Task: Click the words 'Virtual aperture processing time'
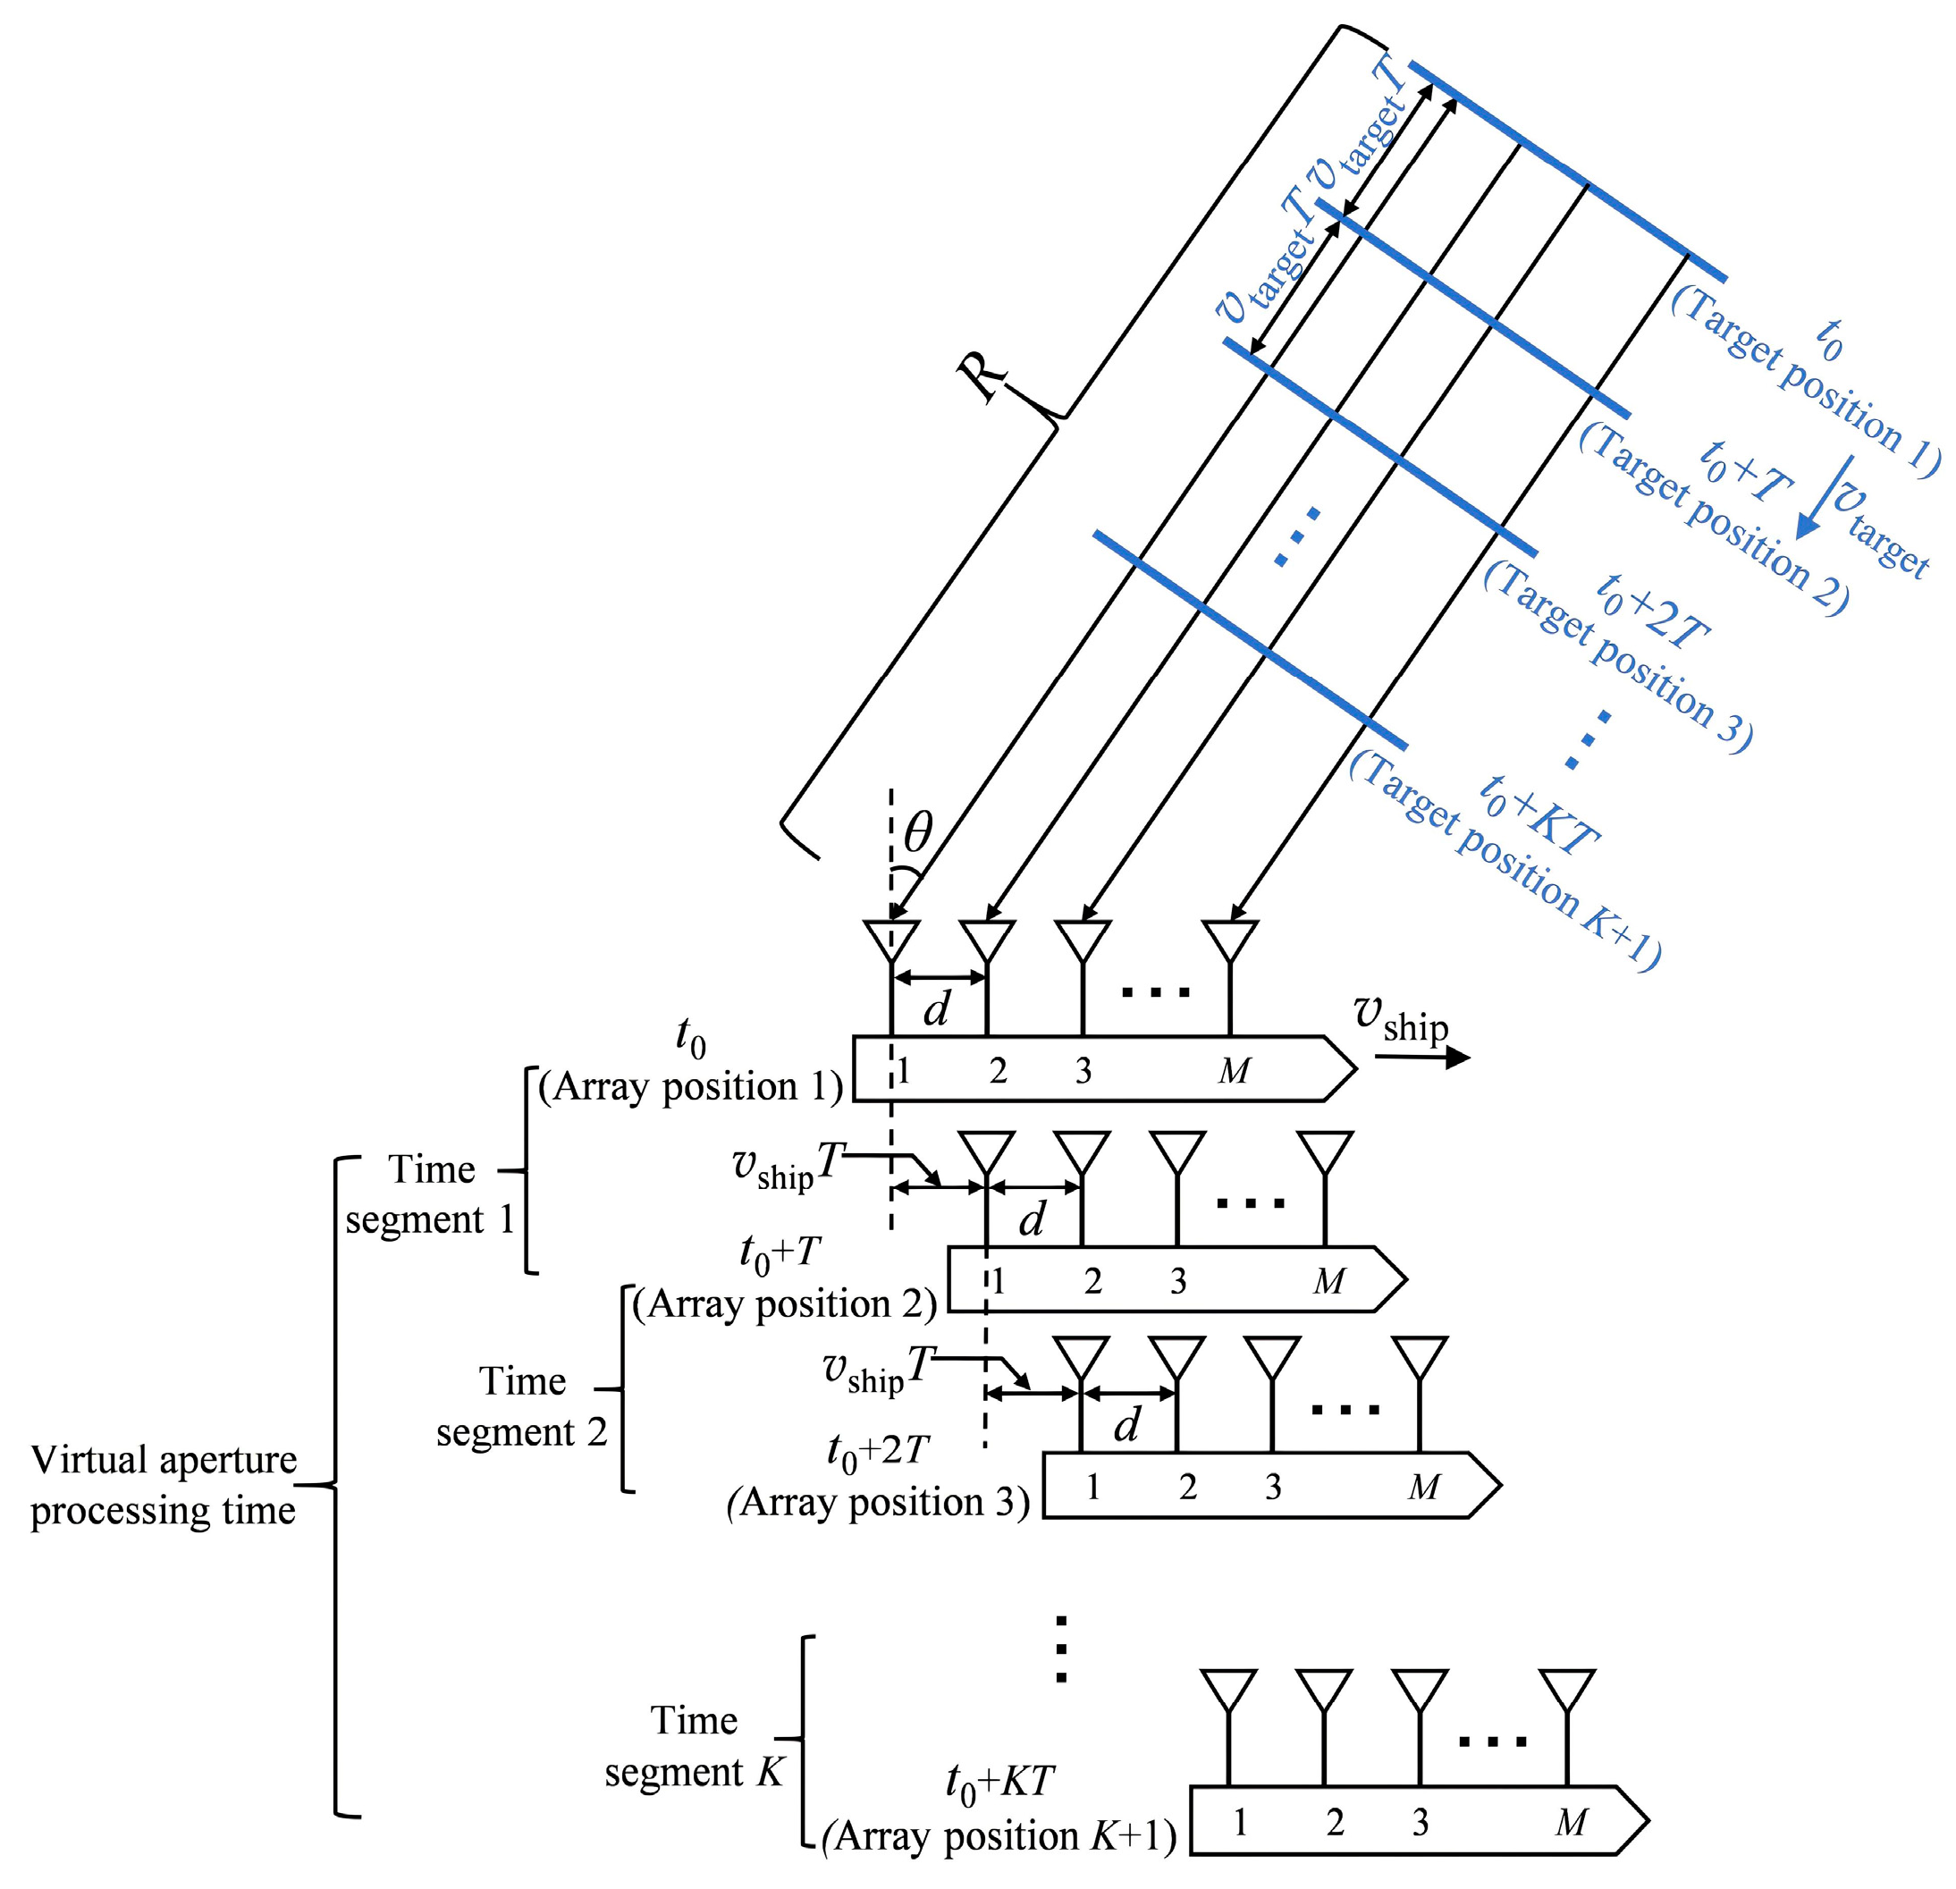tap(164, 1485)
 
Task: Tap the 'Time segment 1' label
tap(430, 1194)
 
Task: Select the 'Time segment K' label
tap(695, 1746)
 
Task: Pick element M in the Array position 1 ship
tap(1235, 1071)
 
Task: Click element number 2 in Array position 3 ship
tap(1186, 1487)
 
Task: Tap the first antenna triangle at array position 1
tap(890, 940)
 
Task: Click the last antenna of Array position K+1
tap(1567, 1689)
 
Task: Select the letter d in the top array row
tap(936, 1010)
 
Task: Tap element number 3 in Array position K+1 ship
tap(1421, 1823)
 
